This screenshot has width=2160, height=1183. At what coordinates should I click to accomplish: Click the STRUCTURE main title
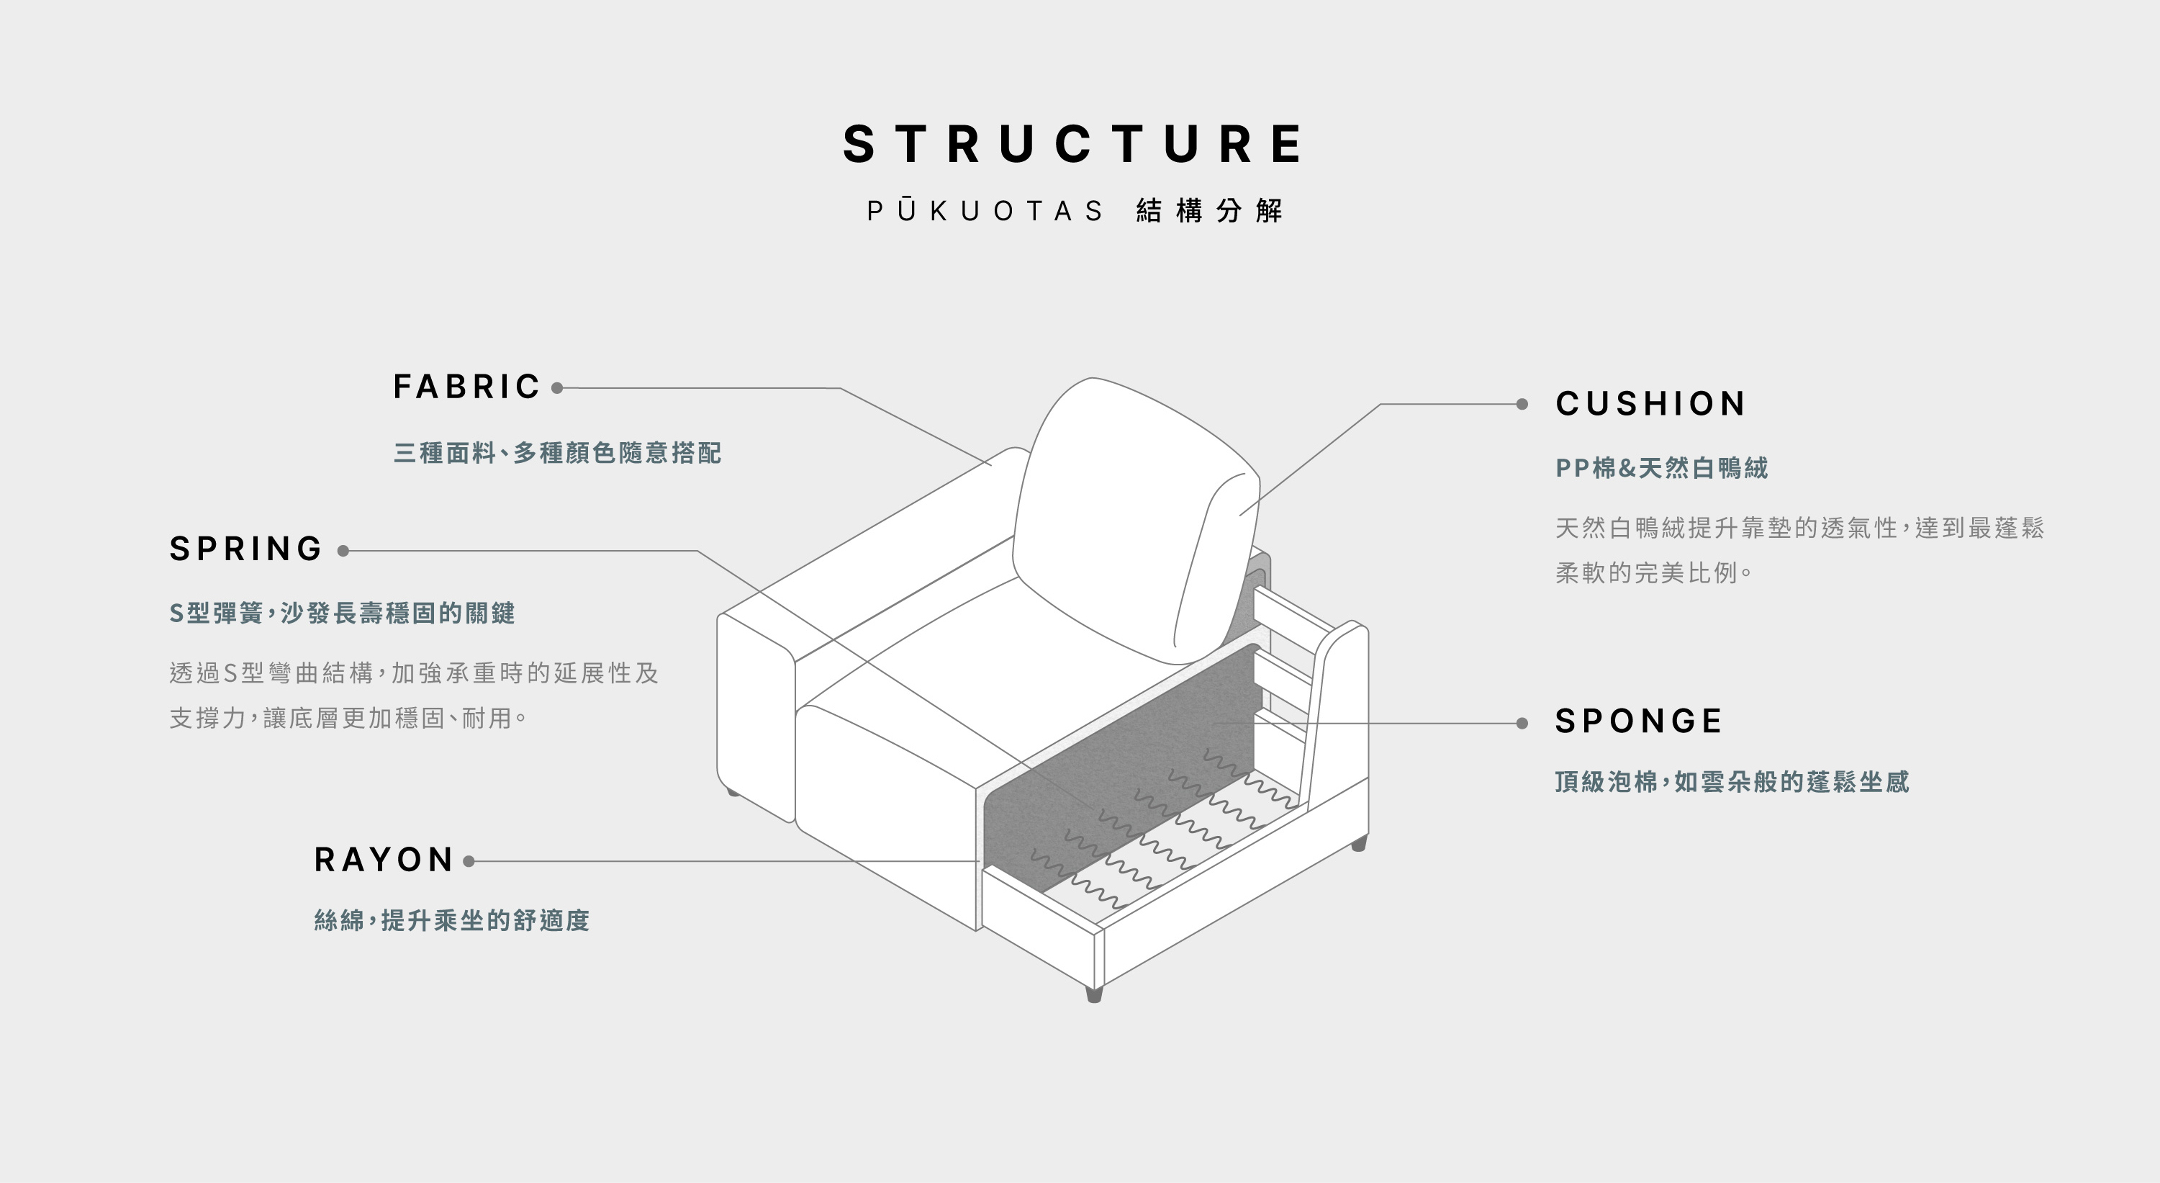point(1073,144)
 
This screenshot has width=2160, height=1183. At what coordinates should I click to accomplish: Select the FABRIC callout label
point(467,387)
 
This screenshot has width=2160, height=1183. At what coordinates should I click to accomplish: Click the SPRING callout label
point(245,549)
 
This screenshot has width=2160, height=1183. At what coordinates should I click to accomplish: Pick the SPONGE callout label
point(1638,721)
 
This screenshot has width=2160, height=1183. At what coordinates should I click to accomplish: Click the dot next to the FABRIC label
point(557,387)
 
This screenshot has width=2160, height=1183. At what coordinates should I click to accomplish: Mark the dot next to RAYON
point(469,861)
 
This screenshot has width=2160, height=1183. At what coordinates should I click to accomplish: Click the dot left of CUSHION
point(1522,405)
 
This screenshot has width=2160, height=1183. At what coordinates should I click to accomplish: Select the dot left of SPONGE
point(1522,723)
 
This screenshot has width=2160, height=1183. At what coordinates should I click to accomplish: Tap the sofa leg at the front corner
point(1093,994)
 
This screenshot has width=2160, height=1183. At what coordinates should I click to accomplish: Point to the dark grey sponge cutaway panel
point(1124,755)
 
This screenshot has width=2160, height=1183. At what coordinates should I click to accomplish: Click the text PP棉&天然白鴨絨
point(1661,468)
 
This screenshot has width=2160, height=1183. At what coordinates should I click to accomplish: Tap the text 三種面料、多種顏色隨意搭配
point(558,453)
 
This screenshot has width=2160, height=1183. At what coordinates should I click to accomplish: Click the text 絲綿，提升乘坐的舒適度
point(452,921)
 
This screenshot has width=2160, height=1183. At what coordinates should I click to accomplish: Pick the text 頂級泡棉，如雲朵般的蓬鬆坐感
point(1732,782)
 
